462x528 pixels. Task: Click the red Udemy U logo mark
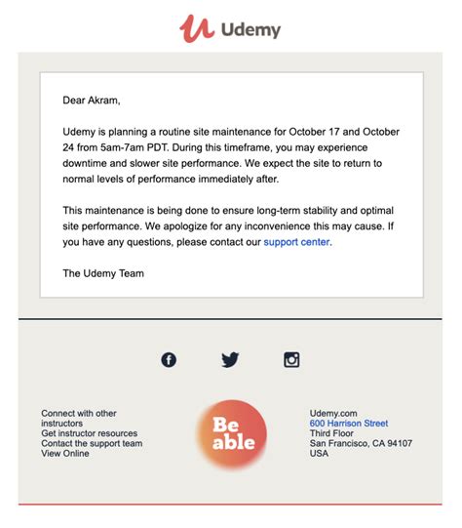coord(196,27)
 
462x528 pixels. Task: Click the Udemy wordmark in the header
coord(250,29)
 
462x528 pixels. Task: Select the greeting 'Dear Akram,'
coord(92,100)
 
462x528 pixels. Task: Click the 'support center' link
coord(296,242)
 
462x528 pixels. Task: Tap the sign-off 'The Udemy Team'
coord(103,273)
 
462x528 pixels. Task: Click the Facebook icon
coord(169,359)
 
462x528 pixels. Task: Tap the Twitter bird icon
coord(230,359)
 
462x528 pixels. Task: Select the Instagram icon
coord(291,359)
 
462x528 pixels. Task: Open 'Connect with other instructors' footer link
coord(78,419)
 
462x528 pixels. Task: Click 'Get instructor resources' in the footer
coord(89,433)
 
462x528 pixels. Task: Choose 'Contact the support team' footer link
coord(92,443)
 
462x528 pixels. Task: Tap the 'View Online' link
coord(65,453)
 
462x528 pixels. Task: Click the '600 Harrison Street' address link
coord(348,424)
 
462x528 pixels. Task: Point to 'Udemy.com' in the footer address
coord(333,413)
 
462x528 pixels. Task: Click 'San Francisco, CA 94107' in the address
coord(361,443)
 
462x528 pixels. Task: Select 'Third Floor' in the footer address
coord(333,433)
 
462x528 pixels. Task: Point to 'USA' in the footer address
coord(320,453)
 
